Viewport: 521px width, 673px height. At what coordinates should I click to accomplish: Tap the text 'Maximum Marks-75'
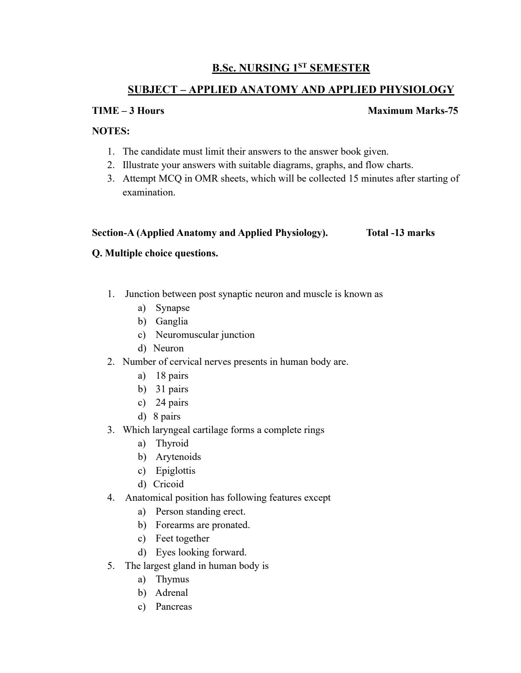point(413,111)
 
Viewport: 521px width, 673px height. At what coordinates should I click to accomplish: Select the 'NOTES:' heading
point(111,131)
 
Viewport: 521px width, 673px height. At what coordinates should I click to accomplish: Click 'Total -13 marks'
point(400,233)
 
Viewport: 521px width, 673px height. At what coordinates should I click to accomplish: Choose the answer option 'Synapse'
point(172,308)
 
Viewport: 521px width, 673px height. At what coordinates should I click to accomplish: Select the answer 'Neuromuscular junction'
point(205,335)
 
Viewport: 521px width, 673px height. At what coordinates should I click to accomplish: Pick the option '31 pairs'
point(172,389)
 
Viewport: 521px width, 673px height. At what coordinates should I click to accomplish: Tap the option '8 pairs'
point(167,416)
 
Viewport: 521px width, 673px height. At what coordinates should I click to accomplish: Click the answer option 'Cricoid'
point(168,484)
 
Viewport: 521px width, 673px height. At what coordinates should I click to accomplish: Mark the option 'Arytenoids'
point(178,457)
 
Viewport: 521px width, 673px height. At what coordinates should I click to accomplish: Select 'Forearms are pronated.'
point(203,525)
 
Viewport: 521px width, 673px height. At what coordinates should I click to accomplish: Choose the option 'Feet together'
point(182,538)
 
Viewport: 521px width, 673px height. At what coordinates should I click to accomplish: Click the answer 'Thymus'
point(172,579)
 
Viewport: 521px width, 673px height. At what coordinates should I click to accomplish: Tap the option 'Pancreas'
point(174,606)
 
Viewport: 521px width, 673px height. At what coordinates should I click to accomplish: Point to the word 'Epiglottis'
point(175,471)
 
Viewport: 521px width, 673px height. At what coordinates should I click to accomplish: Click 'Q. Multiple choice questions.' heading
point(155,253)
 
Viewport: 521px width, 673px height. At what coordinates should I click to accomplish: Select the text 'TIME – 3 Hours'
point(128,111)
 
